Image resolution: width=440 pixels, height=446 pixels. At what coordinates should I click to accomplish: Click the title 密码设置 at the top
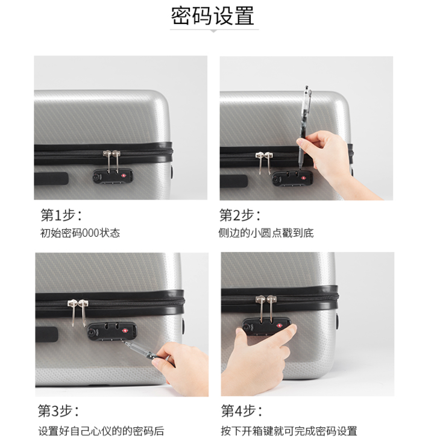click(x=212, y=16)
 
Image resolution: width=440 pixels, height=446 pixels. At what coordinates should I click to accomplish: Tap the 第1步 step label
click(x=61, y=215)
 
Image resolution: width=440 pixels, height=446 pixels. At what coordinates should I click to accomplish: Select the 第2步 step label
click(x=240, y=215)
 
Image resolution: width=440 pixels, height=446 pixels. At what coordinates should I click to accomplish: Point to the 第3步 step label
click(x=58, y=410)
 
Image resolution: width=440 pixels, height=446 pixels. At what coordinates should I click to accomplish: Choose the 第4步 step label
click(x=242, y=410)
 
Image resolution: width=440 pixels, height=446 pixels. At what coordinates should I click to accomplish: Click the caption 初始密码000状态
click(x=80, y=233)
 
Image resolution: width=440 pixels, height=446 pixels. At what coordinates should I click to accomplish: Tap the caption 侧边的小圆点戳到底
click(x=266, y=233)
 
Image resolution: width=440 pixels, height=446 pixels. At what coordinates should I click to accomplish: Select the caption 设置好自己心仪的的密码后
click(x=101, y=431)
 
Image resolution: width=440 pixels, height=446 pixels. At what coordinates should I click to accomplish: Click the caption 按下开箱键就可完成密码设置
click(x=289, y=431)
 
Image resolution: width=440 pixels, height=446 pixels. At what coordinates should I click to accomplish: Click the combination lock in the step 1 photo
click(x=113, y=176)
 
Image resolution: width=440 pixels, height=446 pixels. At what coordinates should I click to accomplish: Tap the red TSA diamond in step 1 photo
click(x=124, y=175)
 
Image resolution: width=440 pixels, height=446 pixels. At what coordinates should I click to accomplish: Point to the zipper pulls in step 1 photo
click(x=112, y=162)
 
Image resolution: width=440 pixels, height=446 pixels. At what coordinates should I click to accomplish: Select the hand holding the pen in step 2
click(x=333, y=159)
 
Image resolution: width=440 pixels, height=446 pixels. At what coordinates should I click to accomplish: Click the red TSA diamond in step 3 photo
click(x=125, y=331)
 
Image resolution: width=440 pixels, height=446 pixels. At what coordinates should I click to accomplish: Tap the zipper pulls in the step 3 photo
click(x=78, y=312)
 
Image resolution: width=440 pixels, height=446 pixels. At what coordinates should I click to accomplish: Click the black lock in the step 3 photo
click(x=112, y=331)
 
